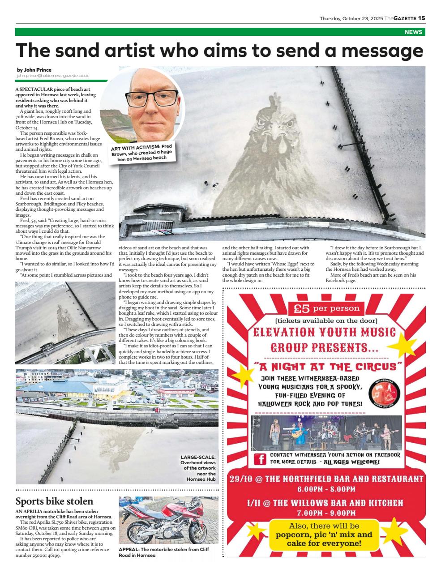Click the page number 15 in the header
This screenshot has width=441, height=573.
tap(421, 18)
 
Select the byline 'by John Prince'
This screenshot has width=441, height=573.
tap(34, 70)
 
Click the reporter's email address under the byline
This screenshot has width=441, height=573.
tap(52, 76)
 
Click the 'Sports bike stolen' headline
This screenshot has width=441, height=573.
tap(54, 501)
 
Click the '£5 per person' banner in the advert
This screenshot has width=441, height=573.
tap(326, 308)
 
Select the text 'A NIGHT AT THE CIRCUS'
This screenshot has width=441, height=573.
tap(326, 367)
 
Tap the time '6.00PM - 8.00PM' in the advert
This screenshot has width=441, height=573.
tap(326, 489)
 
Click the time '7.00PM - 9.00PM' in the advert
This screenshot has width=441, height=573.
tap(326, 513)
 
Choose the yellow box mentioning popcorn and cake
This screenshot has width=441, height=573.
tap(324, 535)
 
